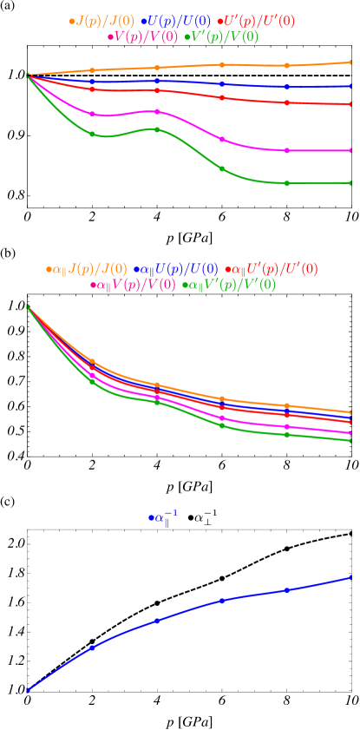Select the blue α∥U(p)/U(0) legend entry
tap(175, 269)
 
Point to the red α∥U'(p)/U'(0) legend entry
tap(271, 269)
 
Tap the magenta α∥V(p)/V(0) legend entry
tap(133, 285)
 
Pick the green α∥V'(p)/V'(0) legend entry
tap(229, 285)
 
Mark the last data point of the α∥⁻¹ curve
tap(350, 576)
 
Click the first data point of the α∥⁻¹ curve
tap(28, 690)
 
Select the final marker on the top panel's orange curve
tap(350, 62)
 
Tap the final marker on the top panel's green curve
tap(350, 183)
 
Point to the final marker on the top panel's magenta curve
tap(350, 150)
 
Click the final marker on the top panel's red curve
tap(350, 105)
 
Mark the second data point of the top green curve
tap(92, 134)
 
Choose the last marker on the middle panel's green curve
tap(350, 440)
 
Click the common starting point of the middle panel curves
tap(28, 306)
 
